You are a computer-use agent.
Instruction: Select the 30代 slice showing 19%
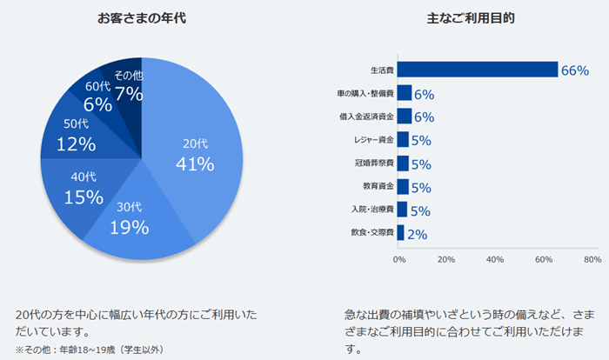click(x=130, y=219)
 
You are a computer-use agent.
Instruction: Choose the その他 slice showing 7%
click(x=128, y=84)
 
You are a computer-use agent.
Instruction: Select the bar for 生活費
click(x=477, y=70)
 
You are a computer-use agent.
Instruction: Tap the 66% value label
click(x=575, y=70)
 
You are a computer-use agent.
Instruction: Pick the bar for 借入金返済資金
click(x=404, y=117)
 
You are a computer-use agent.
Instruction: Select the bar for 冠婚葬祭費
click(x=403, y=163)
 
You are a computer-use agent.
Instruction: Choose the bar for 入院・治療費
click(x=402, y=210)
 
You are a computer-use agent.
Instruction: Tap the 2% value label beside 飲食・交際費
click(x=417, y=233)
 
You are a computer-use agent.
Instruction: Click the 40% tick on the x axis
click(x=495, y=259)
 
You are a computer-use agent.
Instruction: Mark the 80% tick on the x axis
click(x=592, y=259)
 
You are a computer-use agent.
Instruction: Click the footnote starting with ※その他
click(x=90, y=350)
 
